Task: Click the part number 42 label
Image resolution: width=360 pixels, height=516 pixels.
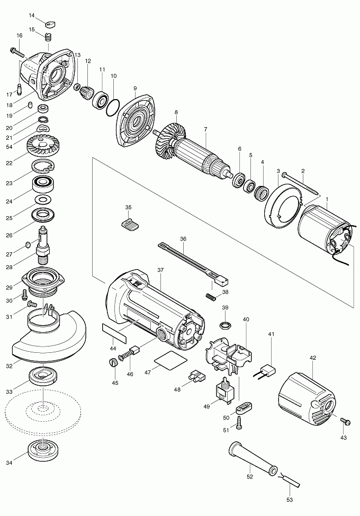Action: pyautogui.click(x=313, y=358)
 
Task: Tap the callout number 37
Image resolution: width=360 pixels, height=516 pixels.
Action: pyautogui.click(x=160, y=270)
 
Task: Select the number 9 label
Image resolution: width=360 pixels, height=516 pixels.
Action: pyautogui.click(x=135, y=88)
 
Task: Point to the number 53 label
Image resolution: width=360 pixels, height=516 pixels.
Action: pyautogui.click(x=289, y=499)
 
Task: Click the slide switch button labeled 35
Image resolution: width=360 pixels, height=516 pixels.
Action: pyautogui.click(x=130, y=224)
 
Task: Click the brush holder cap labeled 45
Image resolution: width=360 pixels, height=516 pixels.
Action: pyautogui.click(x=112, y=363)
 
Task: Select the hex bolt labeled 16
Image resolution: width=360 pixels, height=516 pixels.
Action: pyautogui.click(x=17, y=52)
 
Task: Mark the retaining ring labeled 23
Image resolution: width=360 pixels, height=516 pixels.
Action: pyautogui.click(x=42, y=167)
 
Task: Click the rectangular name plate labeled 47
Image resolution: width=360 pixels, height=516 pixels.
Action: pyautogui.click(x=169, y=361)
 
